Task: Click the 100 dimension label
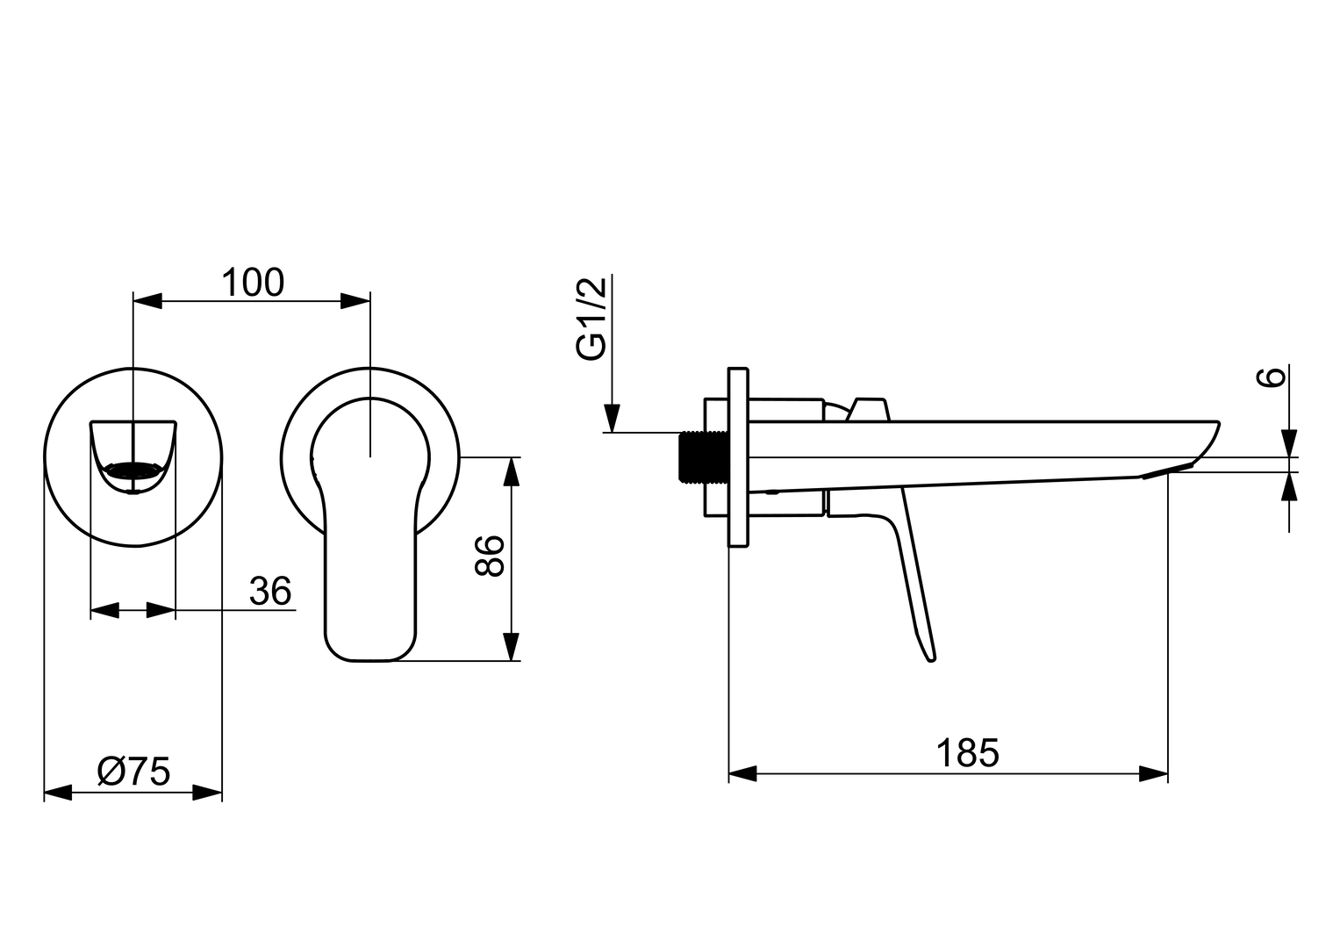252,284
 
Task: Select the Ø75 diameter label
133,772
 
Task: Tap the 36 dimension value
269,592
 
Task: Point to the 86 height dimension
489,555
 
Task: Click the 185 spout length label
967,753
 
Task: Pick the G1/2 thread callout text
591,318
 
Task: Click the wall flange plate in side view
738,457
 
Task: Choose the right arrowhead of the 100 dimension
355,302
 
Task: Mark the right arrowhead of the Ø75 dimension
207,794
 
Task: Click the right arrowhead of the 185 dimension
1153,774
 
